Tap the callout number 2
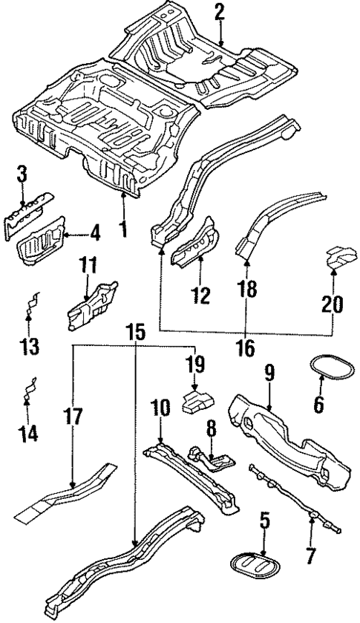219,12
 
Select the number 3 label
22,176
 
